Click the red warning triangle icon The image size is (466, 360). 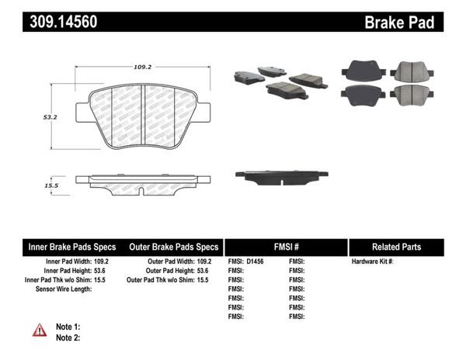40,330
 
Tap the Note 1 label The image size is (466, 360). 68,328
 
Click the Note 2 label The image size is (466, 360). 68,337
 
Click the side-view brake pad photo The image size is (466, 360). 287,177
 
